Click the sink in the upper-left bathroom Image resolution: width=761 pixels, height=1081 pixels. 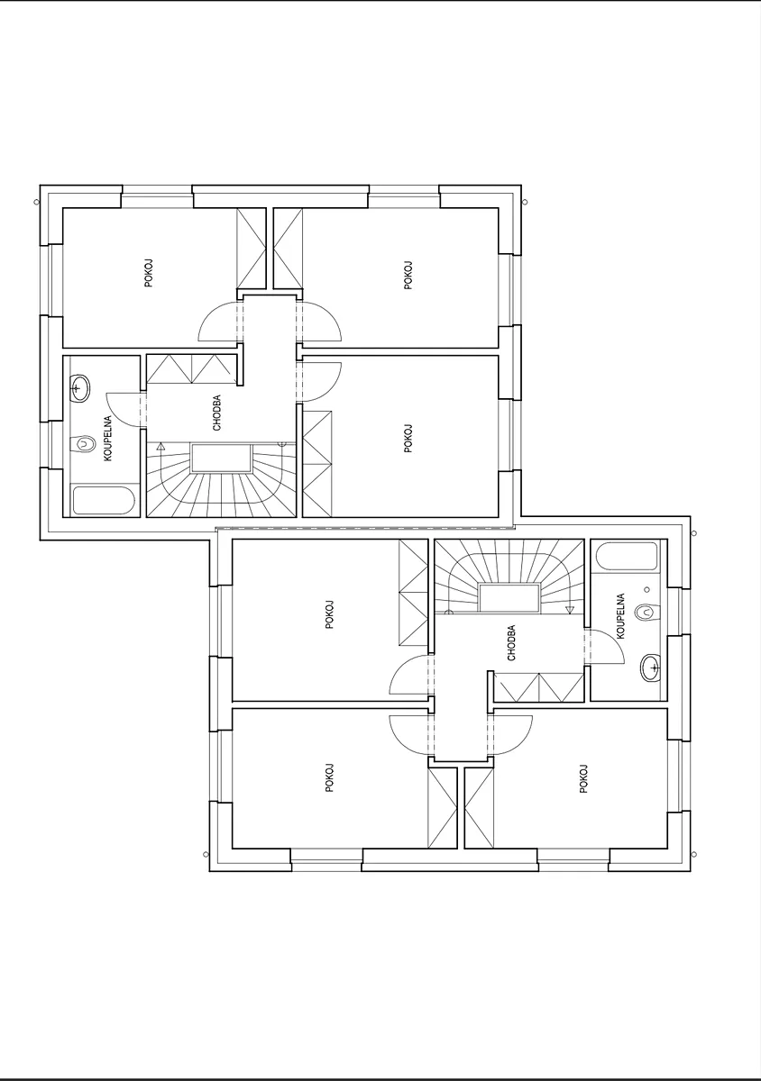pyautogui.click(x=80, y=389)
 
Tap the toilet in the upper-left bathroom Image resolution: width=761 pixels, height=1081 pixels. pyautogui.click(x=82, y=444)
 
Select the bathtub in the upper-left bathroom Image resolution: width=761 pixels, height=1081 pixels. pyautogui.click(x=104, y=501)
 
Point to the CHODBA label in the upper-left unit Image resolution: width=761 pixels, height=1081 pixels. pyautogui.click(x=217, y=413)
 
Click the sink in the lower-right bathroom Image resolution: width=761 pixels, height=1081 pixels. pyautogui.click(x=650, y=668)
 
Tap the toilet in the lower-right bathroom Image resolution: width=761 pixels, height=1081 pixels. pyautogui.click(x=648, y=613)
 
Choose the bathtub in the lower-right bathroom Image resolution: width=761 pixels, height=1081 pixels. pyautogui.click(x=627, y=557)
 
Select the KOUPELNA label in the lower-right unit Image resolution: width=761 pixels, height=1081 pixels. pyautogui.click(x=621, y=616)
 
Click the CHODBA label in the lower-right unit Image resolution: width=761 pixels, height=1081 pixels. pyautogui.click(x=511, y=643)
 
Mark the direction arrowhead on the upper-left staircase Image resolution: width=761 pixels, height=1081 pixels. pyautogui.click(x=160, y=447)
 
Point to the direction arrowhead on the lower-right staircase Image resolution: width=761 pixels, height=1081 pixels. pyautogui.click(x=569, y=610)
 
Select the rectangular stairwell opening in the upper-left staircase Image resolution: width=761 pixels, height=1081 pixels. pyautogui.click(x=222, y=459)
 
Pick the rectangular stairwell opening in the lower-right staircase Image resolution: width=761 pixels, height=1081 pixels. pyautogui.click(x=509, y=598)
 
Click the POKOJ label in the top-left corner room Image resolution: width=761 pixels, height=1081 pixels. pyautogui.click(x=149, y=274)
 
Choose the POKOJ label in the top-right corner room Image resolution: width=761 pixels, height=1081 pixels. pyautogui.click(x=408, y=275)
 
